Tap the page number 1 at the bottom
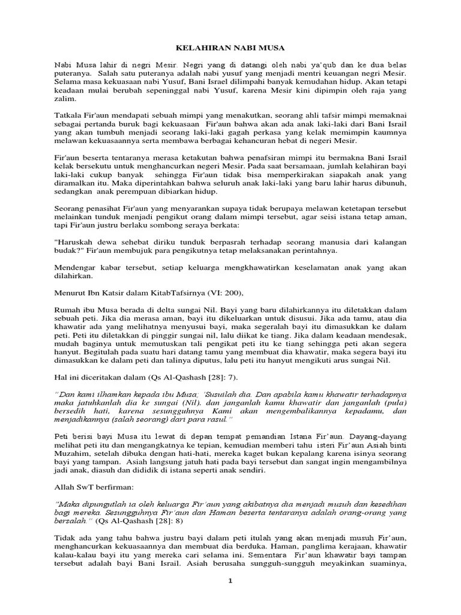pos(230,581)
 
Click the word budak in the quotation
pos(67,250)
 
